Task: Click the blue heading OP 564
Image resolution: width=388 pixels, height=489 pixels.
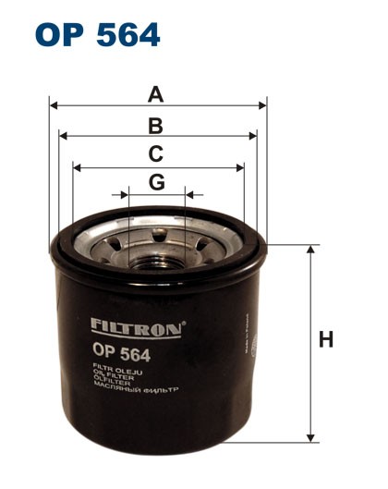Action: pos(97,35)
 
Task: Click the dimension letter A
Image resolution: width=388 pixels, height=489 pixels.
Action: pos(156,94)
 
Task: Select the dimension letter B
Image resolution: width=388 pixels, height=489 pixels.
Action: pos(156,126)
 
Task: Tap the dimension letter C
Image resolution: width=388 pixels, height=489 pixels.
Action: pos(156,154)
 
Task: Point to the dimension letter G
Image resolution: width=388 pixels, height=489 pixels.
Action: pos(157,182)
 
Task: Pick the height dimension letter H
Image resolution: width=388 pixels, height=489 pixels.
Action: pos(325,340)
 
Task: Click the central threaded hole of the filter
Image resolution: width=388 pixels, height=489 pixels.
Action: pos(157,251)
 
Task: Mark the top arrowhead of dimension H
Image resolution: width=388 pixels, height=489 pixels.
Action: pos(310,250)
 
